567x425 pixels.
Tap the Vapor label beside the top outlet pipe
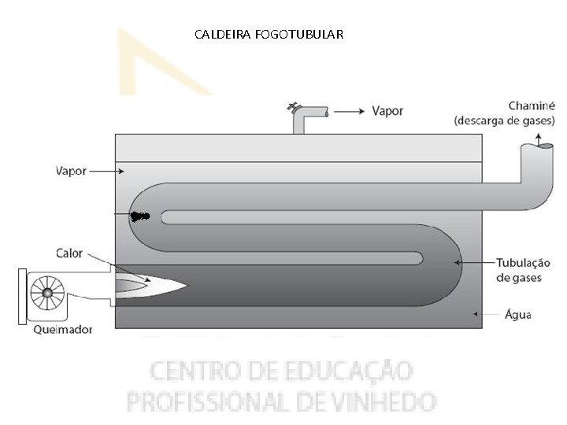coord(387,111)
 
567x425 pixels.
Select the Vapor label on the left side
coord(72,169)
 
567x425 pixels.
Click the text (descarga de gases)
coord(504,120)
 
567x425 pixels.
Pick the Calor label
coord(69,253)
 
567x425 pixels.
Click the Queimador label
coord(62,330)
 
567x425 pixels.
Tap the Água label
coord(517,314)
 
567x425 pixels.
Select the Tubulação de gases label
coord(523,270)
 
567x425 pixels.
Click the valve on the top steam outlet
coord(294,106)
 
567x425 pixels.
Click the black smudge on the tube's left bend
coord(140,216)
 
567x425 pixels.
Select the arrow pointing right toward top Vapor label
coord(347,112)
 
